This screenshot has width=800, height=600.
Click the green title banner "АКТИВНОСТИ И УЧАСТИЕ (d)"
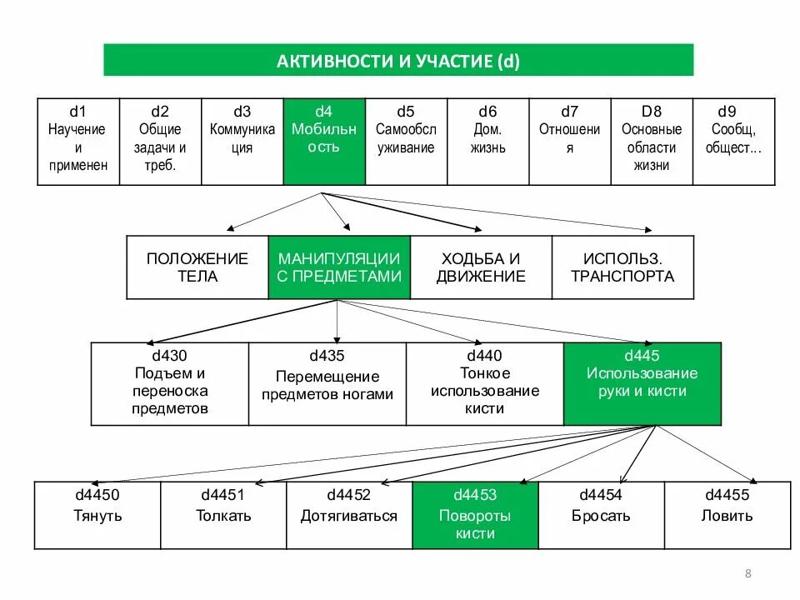point(398,61)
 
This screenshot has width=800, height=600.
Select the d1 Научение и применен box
point(77,142)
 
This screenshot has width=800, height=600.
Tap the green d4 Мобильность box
point(324,142)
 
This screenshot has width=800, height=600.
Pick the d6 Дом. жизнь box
point(487,142)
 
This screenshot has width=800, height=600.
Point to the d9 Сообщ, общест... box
point(733,142)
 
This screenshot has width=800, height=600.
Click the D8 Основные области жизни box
point(652,142)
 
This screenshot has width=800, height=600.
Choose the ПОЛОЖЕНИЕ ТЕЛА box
point(197,267)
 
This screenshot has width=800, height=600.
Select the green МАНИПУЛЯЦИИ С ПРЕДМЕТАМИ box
point(339,267)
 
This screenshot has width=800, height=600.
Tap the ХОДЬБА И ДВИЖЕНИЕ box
point(481,267)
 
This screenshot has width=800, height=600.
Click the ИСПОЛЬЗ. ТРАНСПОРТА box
point(622,267)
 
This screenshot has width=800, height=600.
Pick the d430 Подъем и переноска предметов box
point(169,383)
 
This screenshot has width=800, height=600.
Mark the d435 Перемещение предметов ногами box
point(327,383)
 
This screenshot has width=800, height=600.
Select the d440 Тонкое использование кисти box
point(485,383)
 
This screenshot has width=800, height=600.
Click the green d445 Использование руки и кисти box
point(642,383)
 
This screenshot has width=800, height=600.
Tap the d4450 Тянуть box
point(97,515)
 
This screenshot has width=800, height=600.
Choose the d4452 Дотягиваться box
point(349,515)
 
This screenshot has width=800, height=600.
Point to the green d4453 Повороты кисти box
point(475,515)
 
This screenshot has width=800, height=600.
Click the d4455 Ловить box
point(727,515)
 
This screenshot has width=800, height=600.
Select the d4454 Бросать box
point(601,515)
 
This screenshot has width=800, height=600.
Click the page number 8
point(747,572)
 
